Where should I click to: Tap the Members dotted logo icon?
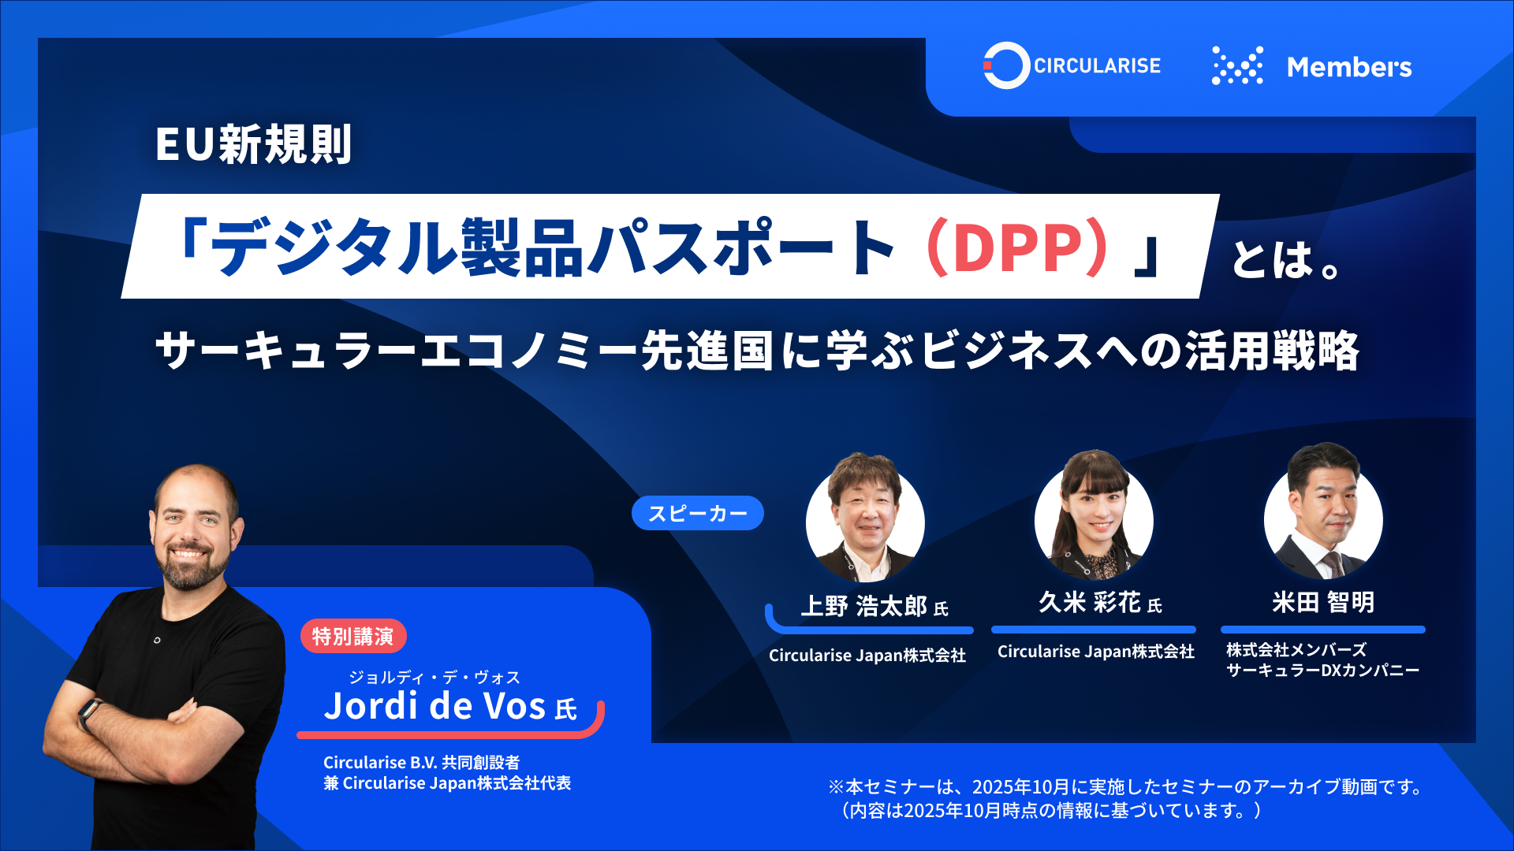point(1237,65)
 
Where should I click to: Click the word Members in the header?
point(1349,67)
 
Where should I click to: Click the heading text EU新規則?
point(253,144)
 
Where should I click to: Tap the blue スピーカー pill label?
point(698,513)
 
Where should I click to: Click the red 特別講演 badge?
point(353,636)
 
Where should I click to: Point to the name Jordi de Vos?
point(434,705)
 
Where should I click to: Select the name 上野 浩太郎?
point(864,606)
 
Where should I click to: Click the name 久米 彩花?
point(1089,603)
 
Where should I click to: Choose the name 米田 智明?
point(1323,603)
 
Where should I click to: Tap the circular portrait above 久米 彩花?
point(1094,516)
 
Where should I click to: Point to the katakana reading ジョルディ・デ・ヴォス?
point(434,678)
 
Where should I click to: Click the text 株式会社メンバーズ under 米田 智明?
point(1296,650)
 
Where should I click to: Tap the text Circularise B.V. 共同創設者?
point(421,763)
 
